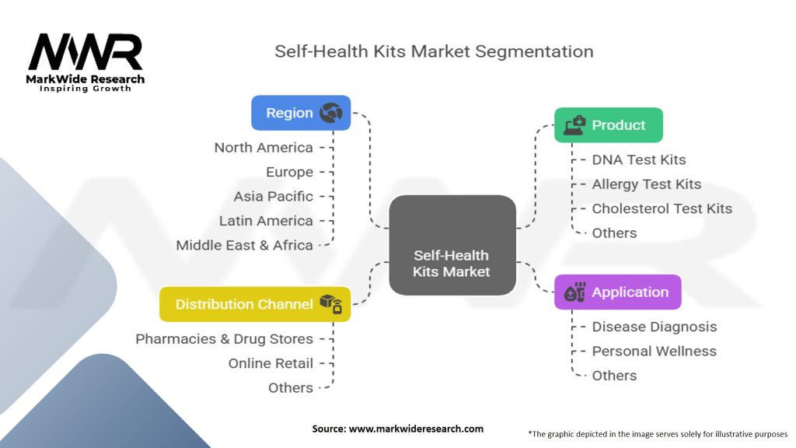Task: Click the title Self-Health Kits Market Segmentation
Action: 434,52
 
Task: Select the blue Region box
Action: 301,113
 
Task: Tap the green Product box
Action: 608,125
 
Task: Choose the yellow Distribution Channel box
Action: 255,304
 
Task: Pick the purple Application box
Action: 617,292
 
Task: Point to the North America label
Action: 264,148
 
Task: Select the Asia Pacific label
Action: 274,196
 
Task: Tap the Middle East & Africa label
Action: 244,245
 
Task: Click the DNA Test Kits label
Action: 639,159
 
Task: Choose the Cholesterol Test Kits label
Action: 662,208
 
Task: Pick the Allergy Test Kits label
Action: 646,184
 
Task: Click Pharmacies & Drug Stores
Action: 224,339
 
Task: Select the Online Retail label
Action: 271,363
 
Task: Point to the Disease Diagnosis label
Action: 654,327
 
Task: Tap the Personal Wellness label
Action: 654,351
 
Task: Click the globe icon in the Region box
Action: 331,113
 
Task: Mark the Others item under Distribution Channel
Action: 290,387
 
